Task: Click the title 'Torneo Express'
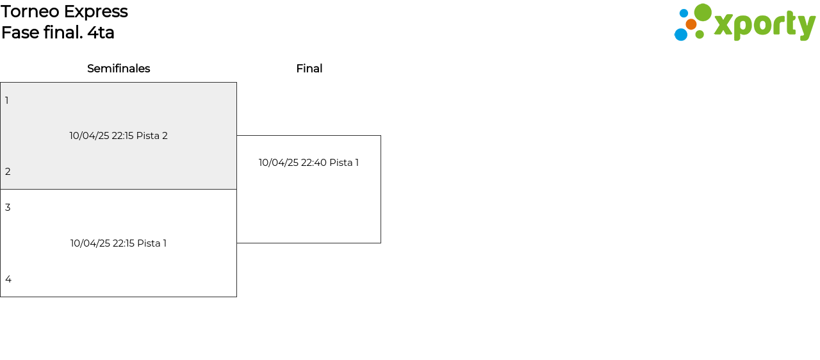64,12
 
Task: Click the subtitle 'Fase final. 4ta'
58,33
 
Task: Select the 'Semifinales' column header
119,69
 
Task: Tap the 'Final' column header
309,69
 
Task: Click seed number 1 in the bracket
7,101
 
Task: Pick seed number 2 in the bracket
8,172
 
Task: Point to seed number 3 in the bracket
8,208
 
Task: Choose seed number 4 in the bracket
8,279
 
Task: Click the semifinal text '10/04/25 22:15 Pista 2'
119,136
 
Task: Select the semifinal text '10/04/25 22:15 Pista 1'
119,243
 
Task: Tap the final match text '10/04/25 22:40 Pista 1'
309,163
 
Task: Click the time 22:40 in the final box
314,163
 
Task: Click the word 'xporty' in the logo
764,25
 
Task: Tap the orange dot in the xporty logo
691,24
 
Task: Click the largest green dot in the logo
703,12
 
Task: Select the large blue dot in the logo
681,35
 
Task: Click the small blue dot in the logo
684,13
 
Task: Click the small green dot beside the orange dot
700,35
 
